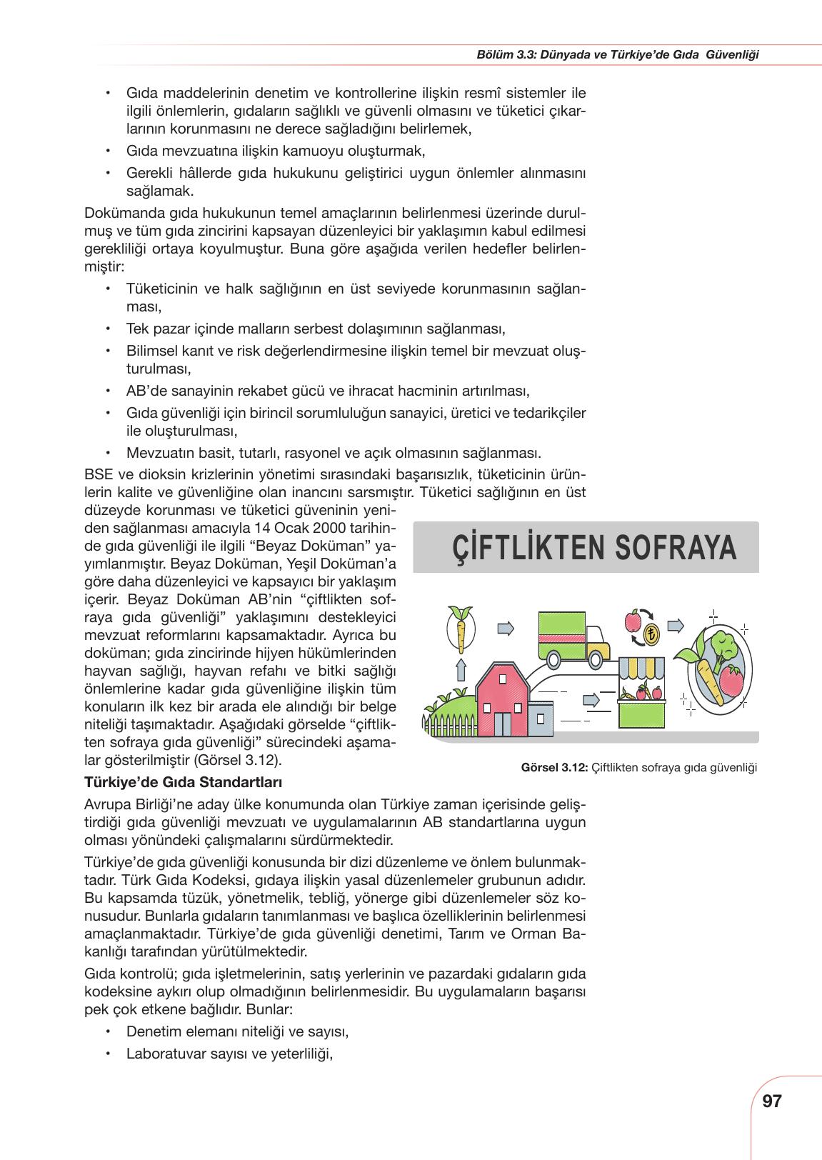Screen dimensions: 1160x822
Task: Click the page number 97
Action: click(772, 1101)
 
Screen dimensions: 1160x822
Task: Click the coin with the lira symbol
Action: click(652, 633)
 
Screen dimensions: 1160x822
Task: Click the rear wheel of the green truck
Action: click(553, 656)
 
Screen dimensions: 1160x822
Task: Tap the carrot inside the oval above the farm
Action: click(460, 629)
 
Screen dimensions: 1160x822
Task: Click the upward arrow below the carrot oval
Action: click(461, 669)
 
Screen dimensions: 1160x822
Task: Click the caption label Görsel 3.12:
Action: click(554, 768)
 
